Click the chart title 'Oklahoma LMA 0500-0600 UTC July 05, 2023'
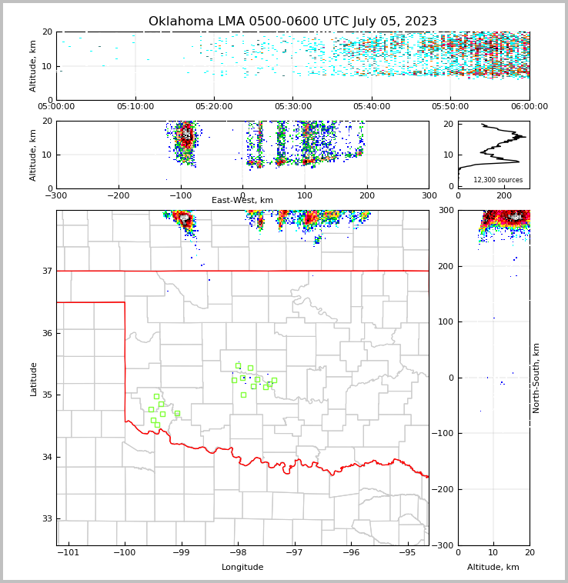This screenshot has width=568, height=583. (292, 22)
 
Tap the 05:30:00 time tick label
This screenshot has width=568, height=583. (292, 107)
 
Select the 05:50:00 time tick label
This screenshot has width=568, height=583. (450, 107)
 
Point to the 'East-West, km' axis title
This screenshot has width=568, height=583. (242, 201)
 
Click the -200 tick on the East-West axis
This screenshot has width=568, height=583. (118, 196)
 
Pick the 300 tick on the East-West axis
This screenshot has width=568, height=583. (429, 196)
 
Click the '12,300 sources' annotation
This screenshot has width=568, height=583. (497, 180)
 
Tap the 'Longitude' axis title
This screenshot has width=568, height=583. (242, 568)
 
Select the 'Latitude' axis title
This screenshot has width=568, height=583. (34, 378)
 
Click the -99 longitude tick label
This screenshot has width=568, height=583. (181, 553)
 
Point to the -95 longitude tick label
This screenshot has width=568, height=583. (407, 553)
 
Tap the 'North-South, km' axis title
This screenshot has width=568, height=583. (536, 378)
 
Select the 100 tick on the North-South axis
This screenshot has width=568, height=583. (446, 321)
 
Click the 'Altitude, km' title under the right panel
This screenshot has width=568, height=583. (493, 568)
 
